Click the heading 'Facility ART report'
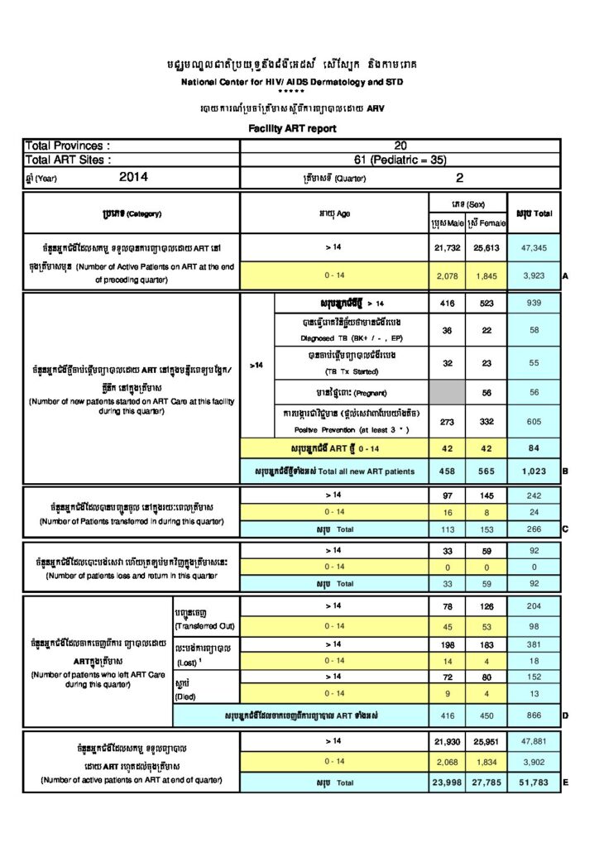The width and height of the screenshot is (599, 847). point(292,129)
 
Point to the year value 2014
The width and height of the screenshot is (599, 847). point(133,176)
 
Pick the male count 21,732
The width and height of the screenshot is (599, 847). point(448,246)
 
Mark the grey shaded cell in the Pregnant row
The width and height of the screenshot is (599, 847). point(448,394)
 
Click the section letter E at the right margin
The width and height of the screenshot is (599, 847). point(564,781)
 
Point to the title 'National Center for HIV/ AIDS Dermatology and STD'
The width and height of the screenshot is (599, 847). point(293,83)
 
